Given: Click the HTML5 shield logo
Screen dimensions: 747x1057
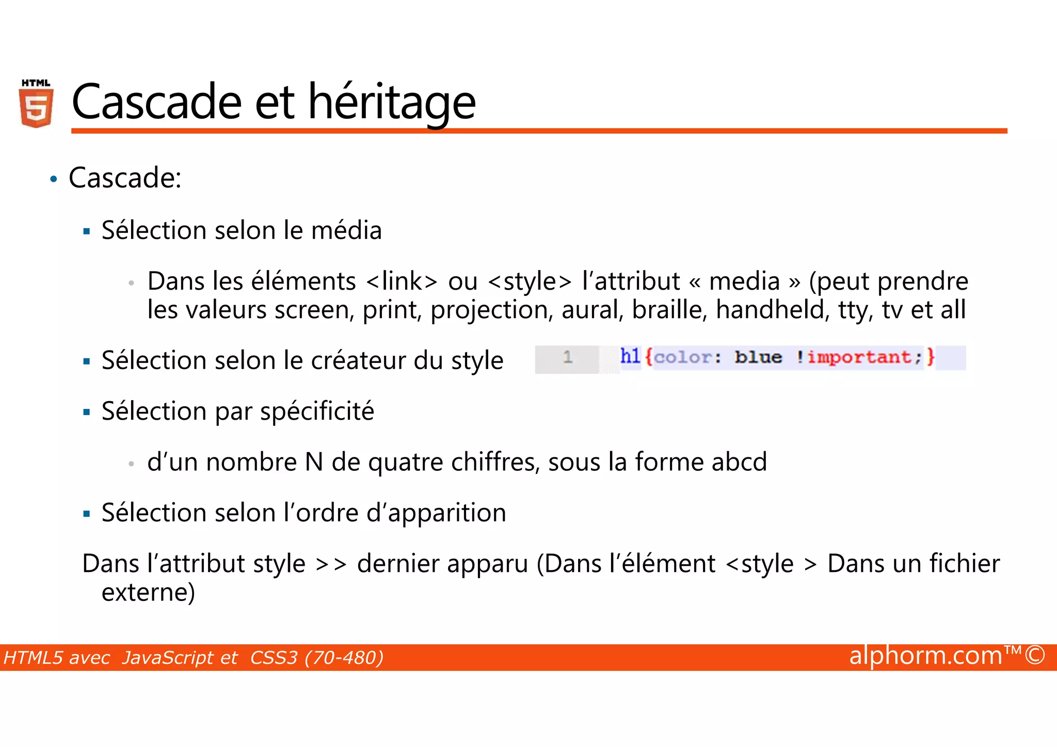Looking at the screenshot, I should [36, 104].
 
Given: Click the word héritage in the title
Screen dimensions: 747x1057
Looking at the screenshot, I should [392, 102].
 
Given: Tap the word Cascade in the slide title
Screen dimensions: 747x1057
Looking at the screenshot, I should [156, 102].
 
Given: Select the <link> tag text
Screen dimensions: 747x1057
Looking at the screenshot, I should [402, 281].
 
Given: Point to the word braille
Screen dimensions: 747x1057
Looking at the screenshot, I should [669, 310].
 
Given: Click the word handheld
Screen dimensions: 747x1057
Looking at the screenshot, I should [773, 310].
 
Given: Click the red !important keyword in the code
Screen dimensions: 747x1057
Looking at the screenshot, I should [859, 357].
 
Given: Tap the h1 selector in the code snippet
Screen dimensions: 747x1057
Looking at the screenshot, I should [630, 356].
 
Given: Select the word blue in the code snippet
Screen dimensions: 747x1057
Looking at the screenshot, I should [758, 357].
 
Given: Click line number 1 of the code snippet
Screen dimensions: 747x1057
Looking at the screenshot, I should [568, 357].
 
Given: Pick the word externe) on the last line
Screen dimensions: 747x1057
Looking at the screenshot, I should [148, 593].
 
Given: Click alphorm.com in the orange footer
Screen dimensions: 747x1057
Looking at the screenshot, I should [925, 656].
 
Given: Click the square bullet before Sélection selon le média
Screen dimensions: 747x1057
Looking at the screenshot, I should [87, 232].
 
